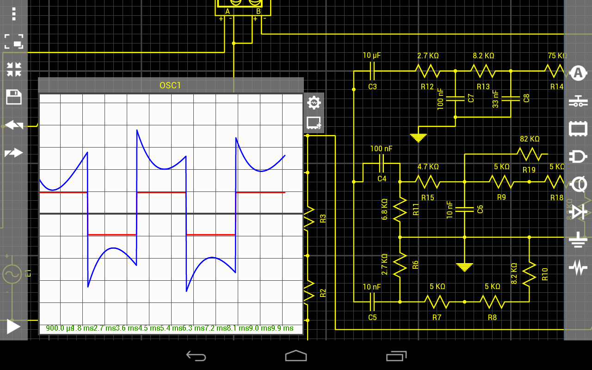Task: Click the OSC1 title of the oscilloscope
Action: click(x=170, y=85)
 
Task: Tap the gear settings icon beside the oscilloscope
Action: click(x=314, y=103)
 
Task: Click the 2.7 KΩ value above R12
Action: click(x=428, y=55)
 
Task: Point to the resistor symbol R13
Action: click(x=483, y=71)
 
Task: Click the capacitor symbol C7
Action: click(x=455, y=98)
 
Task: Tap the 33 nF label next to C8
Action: click(x=496, y=99)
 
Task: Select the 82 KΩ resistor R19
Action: click(x=529, y=154)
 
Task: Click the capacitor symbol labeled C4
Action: click(x=382, y=163)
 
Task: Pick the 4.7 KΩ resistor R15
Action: click(x=427, y=182)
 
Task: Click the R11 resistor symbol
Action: click(x=400, y=209)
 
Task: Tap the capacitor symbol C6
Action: click(x=464, y=209)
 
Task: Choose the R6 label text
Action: click(x=415, y=265)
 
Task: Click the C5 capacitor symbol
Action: click(x=372, y=302)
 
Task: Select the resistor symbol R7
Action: click(x=437, y=302)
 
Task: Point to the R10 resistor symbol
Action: click(x=529, y=274)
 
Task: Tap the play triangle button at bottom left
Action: click(x=13, y=327)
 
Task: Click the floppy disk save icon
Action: click(x=14, y=97)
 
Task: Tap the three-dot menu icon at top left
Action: click(x=14, y=14)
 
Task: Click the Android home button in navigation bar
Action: click(x=296, y=356)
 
